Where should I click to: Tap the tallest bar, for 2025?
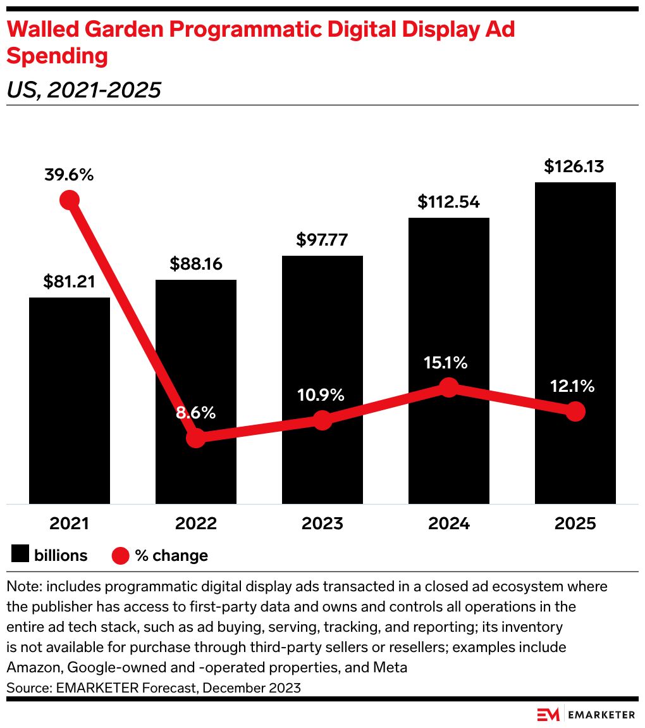pos(575,285)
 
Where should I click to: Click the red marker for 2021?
pos(70,200)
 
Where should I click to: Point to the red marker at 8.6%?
pos(196,437)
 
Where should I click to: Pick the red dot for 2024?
pos(449,387)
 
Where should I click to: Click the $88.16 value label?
pos(196,264)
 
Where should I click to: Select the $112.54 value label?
pos(449,202)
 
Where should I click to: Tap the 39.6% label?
pos(69,175)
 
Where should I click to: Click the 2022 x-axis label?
pos(196,524)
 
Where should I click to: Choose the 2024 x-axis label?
pos(449,524)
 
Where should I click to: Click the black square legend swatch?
pos(20,555)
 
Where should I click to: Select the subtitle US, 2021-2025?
pos(83,91)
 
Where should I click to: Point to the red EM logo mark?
pos(548,714)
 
